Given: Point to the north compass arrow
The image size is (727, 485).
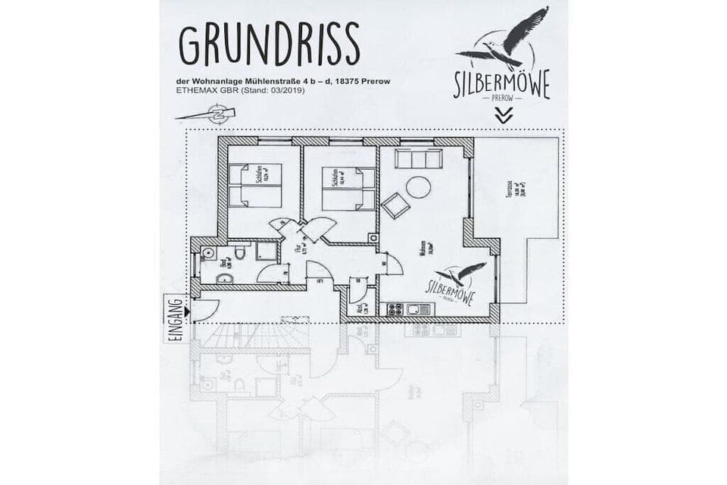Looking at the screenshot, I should pos(206,114).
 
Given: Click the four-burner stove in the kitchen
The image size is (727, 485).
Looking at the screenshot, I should pos(395,309).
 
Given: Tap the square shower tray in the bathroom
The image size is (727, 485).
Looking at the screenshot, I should pos(266,252).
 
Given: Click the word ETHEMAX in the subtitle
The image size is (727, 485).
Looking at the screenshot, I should pos(199,91).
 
